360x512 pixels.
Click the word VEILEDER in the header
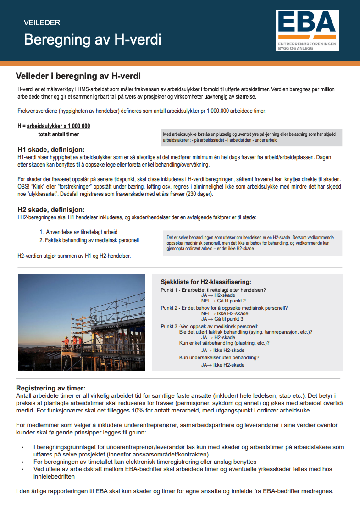click(x=42, y=22)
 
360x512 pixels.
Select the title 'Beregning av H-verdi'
click(x=93, y=40)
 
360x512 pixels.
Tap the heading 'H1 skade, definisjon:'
click(x=51, y=150)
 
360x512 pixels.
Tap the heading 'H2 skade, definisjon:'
click(x=51, y=210)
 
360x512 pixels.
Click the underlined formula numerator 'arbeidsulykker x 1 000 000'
click(x=59, y=126)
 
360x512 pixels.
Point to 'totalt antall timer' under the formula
click(x=58, y=134)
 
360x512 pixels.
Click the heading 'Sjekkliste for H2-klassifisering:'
click(x=206, y=282)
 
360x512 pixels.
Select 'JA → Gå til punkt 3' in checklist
click(x=222, y=319)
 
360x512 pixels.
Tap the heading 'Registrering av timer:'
click(x=51, y=388)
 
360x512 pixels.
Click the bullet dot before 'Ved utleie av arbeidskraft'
click(x=22, y=470)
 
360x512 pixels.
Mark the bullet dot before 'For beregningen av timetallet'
click(x=22, y=462)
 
